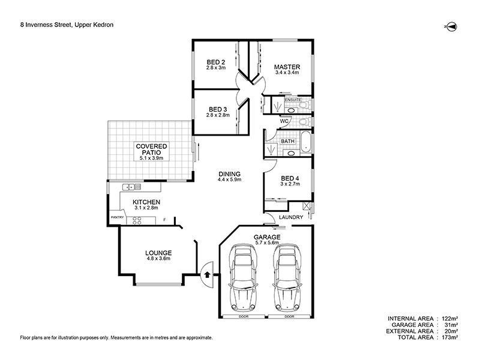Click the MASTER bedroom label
(x=287, y=67)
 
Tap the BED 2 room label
(x=216, y=62)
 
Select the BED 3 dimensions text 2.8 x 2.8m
(x=218, y=115)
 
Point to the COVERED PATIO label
(x=151, y=149)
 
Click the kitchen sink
(x=131, y=187)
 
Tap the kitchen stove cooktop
(x=137, y=221)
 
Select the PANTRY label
(x=117, y=217)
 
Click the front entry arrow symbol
(x=207, y=274)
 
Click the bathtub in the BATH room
(x=306, y=142)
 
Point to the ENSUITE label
(x=293, y=100)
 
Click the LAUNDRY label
(x=291, y=217)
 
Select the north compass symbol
(x=451, y=27)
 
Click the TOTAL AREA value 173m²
(x=450, y=337)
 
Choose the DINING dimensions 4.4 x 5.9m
(x=230, y=179)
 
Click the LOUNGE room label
(x=158, y=253)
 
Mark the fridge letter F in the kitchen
(x=164, y=220)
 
